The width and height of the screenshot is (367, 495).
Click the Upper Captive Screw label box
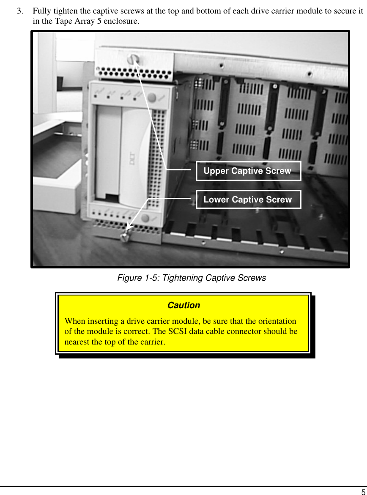pos(248,171)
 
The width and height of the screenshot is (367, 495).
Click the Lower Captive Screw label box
pos(248,200)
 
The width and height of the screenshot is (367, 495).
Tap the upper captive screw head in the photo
pos(134,58)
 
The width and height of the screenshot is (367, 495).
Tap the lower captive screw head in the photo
pos(125,238)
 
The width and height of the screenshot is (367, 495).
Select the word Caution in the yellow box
pos(183,305)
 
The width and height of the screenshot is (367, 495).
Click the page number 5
pos(363,492)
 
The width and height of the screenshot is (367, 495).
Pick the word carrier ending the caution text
pos(153,341)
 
